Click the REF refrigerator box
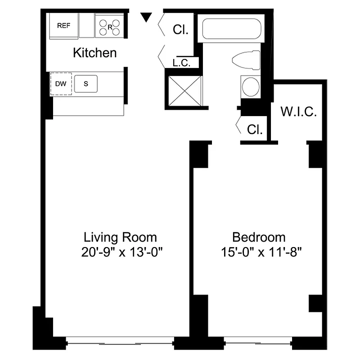click(x=63, y=26)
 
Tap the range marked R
click(x=110, y=26)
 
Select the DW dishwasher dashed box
click(x=60, y=83)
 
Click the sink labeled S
click(x=85, y=84)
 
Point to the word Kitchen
click(x=95, y=53)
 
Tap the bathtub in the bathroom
click(x=231, y=28)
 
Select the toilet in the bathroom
click(x=247, y=60)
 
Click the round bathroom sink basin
click(x=250, y=86)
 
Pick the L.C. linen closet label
click(x=182, y=63)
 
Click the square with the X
click(x=185, y=91)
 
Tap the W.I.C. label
click(x=299, y=112)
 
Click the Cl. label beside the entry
click(x=180, y=30)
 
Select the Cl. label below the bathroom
click(x=255, y=130)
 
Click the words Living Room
click(x=121, y=237)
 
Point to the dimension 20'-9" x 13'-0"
click(x=121, y=252)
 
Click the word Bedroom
click(x=259, y=237)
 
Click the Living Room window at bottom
click(x=120, y=343)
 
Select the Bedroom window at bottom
click(x=258, y=343)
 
